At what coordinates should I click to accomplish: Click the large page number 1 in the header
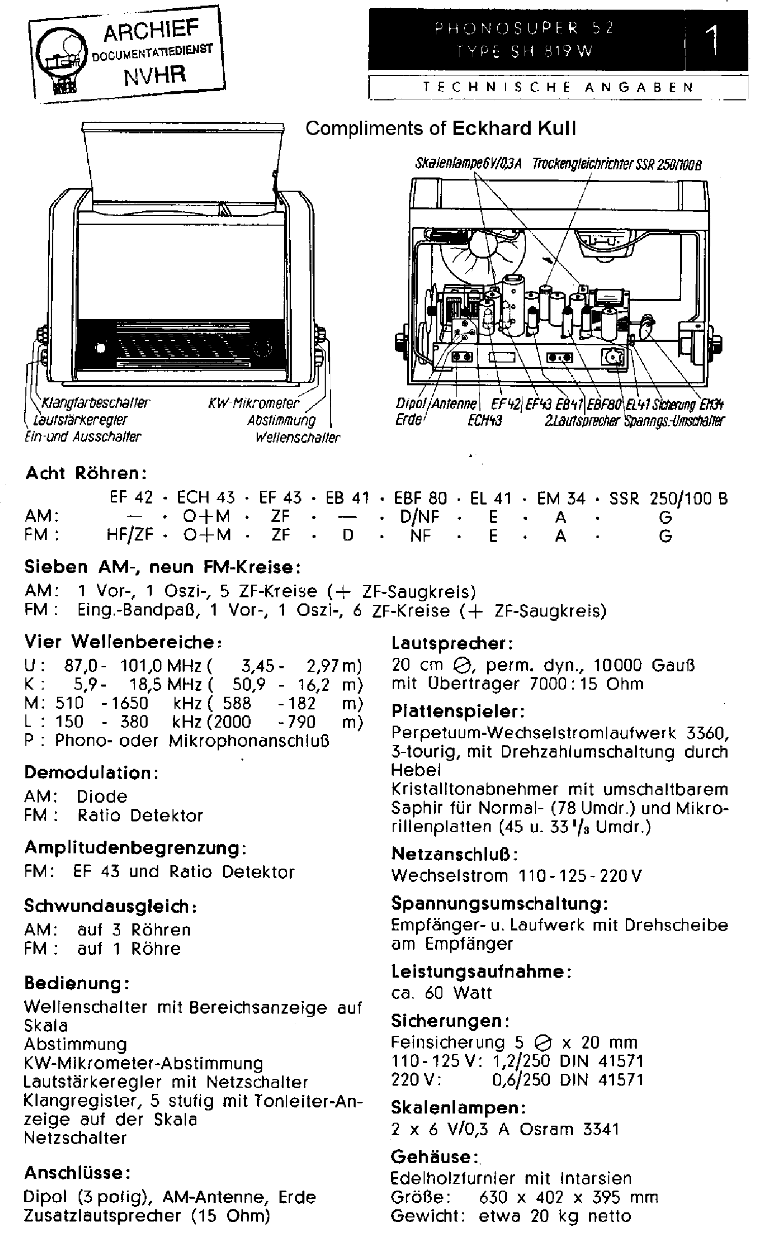point(713,40)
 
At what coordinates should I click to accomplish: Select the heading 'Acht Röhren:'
point(86,473)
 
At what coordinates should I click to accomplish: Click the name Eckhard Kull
point(514,128)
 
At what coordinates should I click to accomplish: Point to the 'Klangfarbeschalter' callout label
point(95,403)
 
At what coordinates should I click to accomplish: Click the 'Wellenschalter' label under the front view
point(298,438)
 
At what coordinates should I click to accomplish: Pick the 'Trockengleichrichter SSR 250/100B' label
point(617,165)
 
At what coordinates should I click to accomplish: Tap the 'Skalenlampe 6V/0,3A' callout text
point(468,164)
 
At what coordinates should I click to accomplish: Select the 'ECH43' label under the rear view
point(485,421)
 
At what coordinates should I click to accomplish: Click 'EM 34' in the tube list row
point(561,498)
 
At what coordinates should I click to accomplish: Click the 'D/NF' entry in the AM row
point(420,517)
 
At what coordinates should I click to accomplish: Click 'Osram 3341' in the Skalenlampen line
point(569,1129)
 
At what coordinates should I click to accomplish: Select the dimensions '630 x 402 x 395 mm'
point(569,1197)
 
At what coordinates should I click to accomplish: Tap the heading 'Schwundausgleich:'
point(111,906)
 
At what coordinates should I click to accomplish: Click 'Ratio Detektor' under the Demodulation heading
point(140,815)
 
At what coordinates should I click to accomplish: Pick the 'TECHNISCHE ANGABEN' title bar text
point(559,87)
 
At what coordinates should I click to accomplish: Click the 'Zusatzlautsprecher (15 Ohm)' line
point(147,1215)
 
